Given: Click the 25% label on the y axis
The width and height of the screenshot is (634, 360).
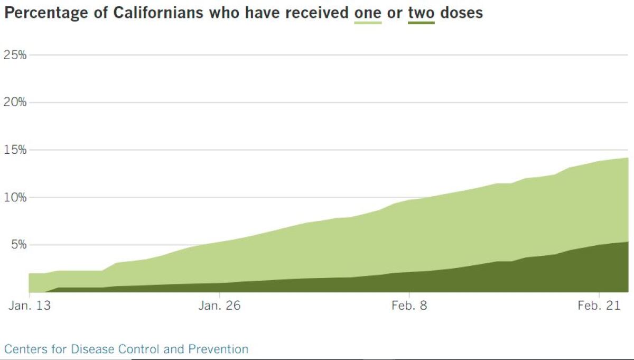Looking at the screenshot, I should [15, 55].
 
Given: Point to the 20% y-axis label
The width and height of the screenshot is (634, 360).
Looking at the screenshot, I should [15, 102].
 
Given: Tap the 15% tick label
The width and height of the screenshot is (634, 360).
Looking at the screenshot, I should [15, 150].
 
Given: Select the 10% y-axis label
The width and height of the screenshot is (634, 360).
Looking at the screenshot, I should [15, 197].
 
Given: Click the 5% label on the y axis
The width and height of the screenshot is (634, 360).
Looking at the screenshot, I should [17, 245].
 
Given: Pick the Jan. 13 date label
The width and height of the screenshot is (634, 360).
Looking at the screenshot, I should [29, 306].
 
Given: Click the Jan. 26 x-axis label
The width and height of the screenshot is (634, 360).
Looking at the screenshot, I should [219, 306].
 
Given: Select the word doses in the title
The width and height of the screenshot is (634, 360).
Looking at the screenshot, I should [461, 13].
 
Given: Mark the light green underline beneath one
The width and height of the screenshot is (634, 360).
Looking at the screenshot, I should [368, 23].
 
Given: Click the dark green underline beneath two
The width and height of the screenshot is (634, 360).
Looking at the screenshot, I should [421, 23].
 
